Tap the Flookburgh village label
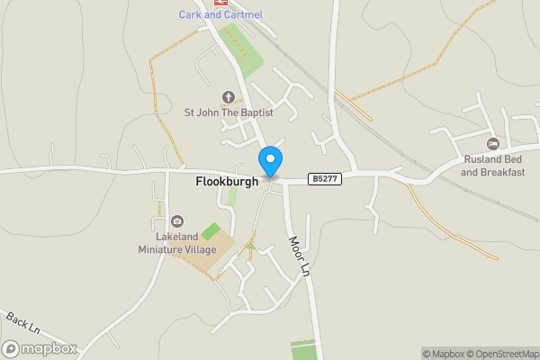[228, 181]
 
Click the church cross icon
[228, 96]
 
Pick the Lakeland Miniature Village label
[177, 242]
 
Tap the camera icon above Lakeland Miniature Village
[177, 221]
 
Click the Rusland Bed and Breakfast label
[492, 166]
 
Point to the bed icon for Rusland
[492, 144]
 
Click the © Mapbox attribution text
[442, 354]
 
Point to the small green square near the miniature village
[211, 231]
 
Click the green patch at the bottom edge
[304, 349]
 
